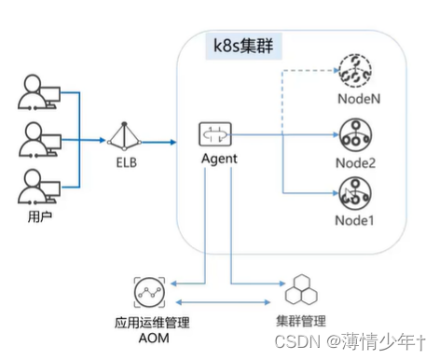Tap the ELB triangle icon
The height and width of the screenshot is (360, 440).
[x=125, y=138]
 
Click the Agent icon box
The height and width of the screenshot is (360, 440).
[x=219, y=135]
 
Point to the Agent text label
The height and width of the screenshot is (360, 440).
[x=219, y=159]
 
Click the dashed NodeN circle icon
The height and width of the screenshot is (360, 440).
[x=355, y=66]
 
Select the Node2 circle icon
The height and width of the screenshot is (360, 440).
[x=355, y=135]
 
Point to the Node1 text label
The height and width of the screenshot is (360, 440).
[x=355, y=222]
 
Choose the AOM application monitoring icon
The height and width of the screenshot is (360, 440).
[x=150, y=294]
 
